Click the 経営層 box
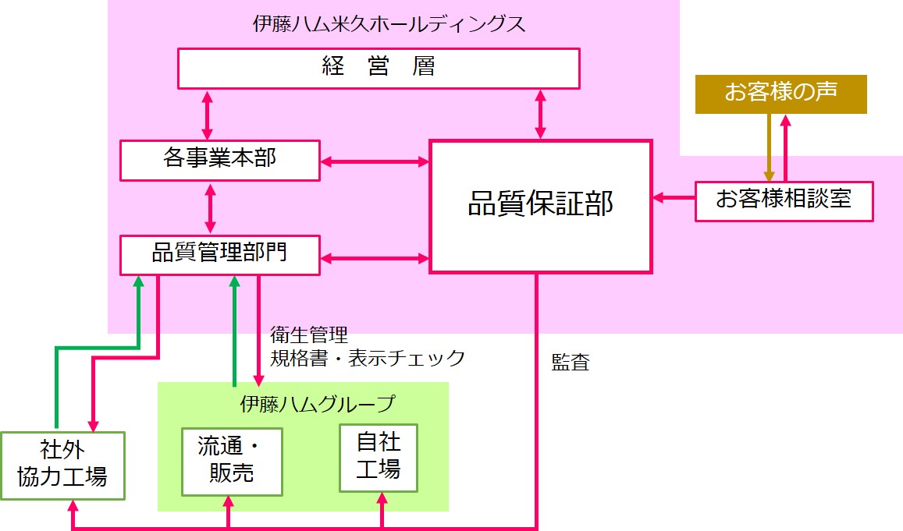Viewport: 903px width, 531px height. [x=379, y=68]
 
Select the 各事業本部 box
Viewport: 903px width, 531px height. [x=219, y=160]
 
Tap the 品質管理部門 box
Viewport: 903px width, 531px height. [x=219, y=254]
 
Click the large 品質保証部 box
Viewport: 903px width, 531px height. [x=540, y=206]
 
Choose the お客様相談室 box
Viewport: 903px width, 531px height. [x=784, y=200]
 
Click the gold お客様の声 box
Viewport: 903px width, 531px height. [x=780, y=94]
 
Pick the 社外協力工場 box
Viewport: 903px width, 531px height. [x=62, y=465]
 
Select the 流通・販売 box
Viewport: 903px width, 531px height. [x=231, y=461]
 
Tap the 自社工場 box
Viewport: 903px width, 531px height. [x=379, y=458]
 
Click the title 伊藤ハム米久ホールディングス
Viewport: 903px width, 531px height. [x=389, y=24]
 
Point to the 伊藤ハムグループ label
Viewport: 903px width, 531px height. [x=318, y=405]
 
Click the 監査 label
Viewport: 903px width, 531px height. [x=571, y=363]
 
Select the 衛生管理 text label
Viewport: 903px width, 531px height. [x=308, y=335]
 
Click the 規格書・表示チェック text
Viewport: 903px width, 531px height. [x=367, y=358]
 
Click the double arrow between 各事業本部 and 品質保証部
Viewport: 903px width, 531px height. [x=375, y=162]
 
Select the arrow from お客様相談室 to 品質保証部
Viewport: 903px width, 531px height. [x=674, y=198]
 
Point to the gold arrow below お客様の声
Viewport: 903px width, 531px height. [x=769, y=147]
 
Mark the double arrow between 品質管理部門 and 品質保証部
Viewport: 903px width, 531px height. [x=375, y=257]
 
